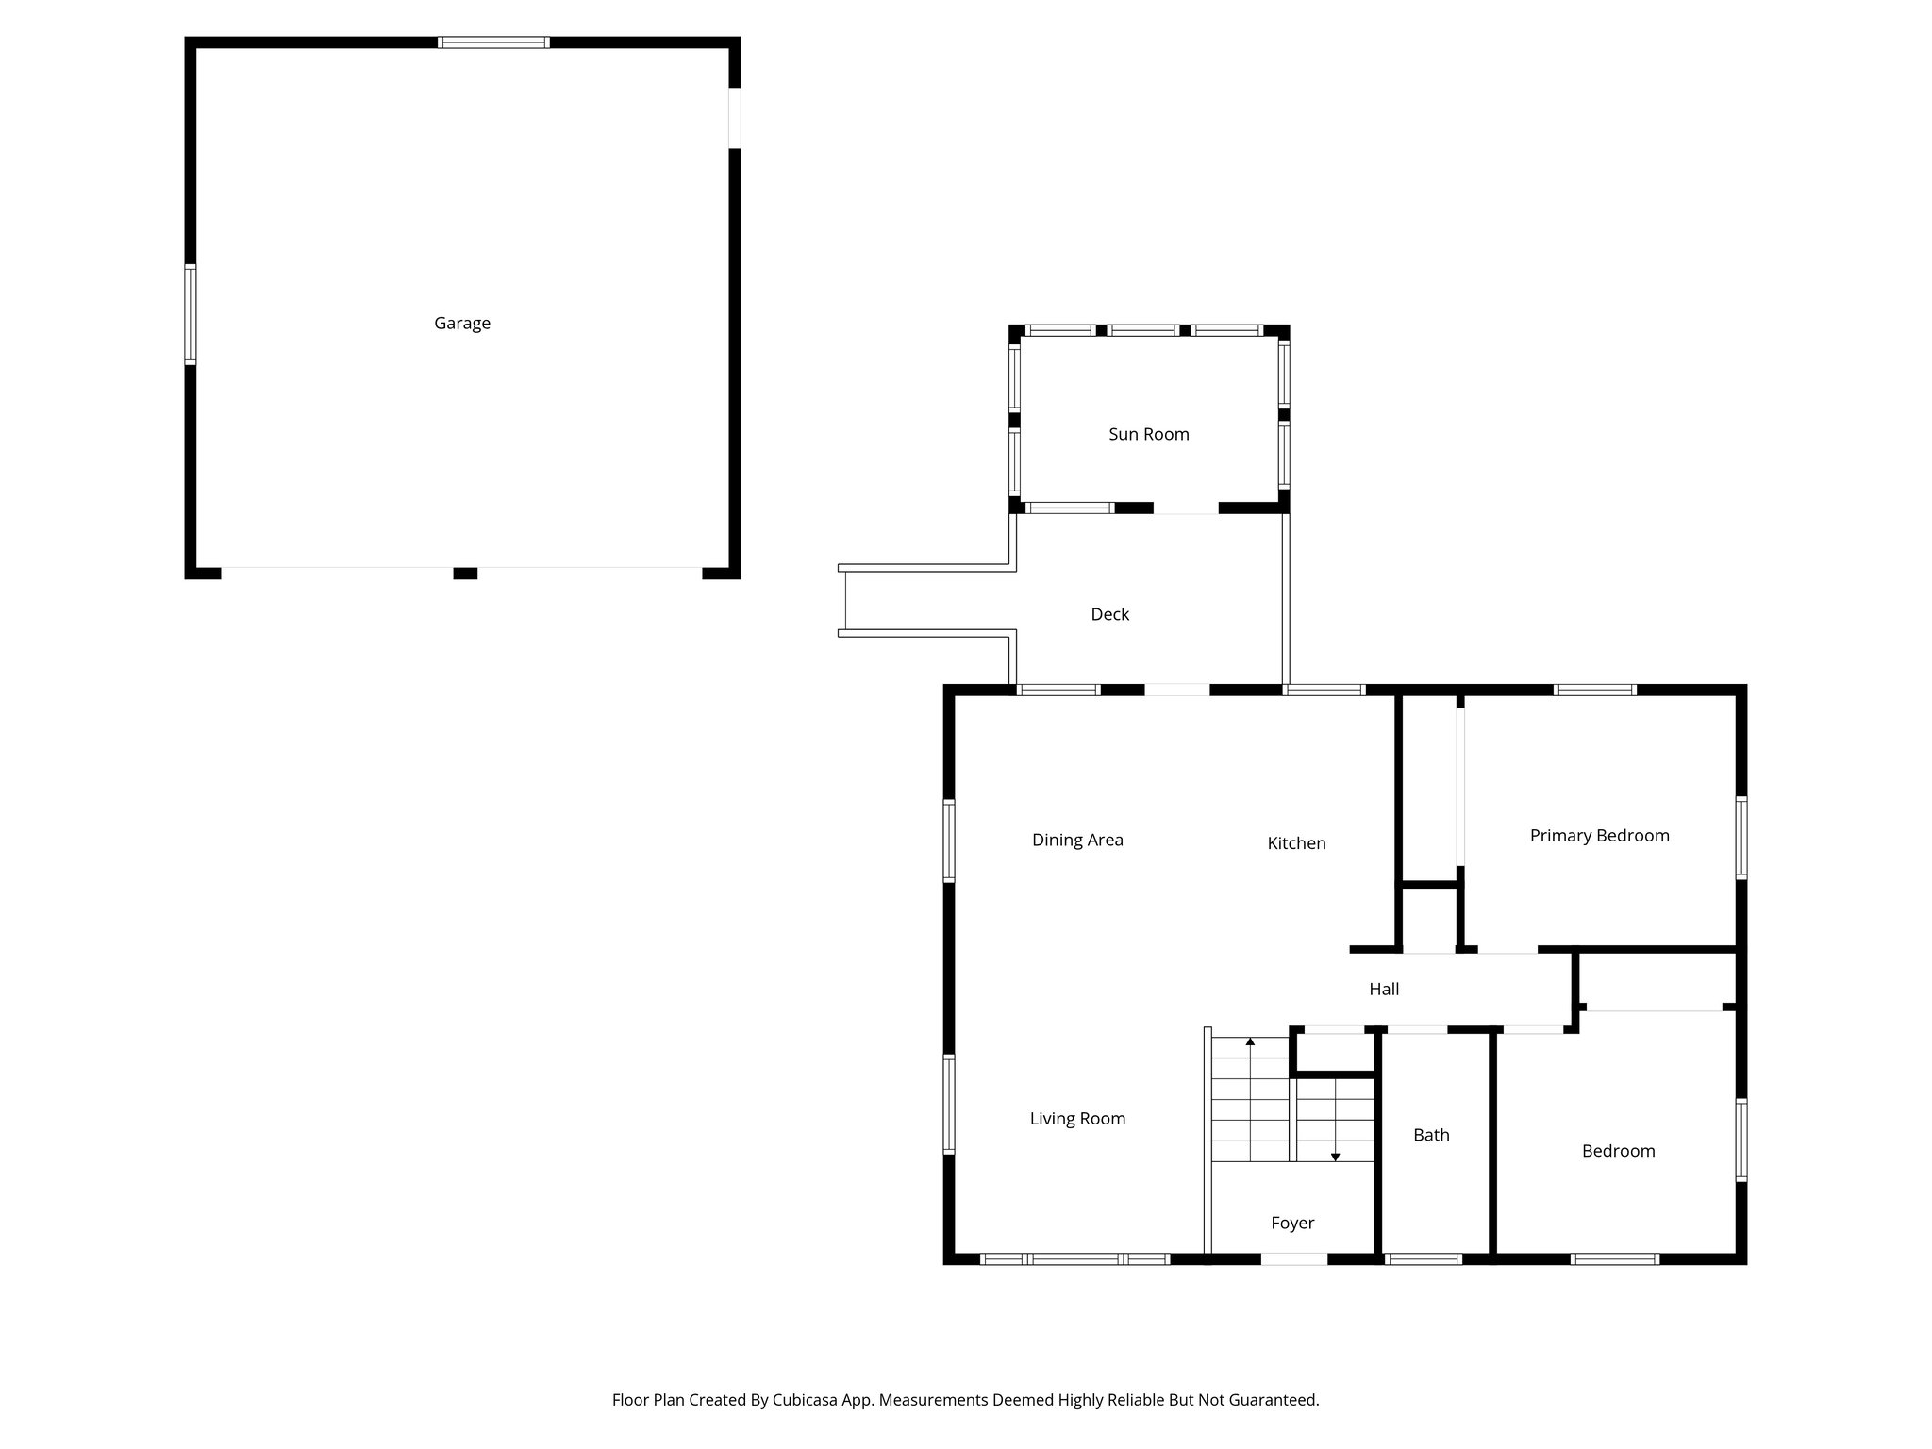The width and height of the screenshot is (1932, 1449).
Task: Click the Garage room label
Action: pos(462,324)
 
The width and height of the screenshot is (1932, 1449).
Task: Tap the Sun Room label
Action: pos(1148,435)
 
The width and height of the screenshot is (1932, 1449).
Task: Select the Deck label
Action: pos(1109,615)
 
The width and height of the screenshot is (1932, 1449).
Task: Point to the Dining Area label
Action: pos(1077,841)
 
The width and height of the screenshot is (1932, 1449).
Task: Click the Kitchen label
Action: pos(1296,843)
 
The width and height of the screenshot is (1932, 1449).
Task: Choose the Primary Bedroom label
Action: pos(1599,836)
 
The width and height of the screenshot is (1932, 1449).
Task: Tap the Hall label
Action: pos(1384,990)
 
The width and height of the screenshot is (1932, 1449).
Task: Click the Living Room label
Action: pos(1077,1119)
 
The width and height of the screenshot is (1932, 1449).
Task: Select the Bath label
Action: pos(1431,1136)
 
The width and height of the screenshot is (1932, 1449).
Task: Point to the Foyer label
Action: pos(1292,1224)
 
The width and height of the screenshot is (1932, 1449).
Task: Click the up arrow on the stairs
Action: pos(1250,1043)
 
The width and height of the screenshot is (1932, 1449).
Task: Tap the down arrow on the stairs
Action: pos(1335,1156)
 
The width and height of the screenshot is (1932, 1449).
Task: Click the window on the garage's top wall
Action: pos(493,42)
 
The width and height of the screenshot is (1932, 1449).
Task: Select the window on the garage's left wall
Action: pos(191,314)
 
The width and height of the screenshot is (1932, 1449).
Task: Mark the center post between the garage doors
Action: pos(465,573)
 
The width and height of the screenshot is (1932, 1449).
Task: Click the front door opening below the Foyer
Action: pos(1293,1258)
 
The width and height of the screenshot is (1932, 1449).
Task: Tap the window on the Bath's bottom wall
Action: pos(1423,1258)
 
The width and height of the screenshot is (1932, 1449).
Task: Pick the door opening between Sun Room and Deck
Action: pos(1186,508)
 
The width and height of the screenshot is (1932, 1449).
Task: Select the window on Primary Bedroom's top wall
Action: pos(1594,690)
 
